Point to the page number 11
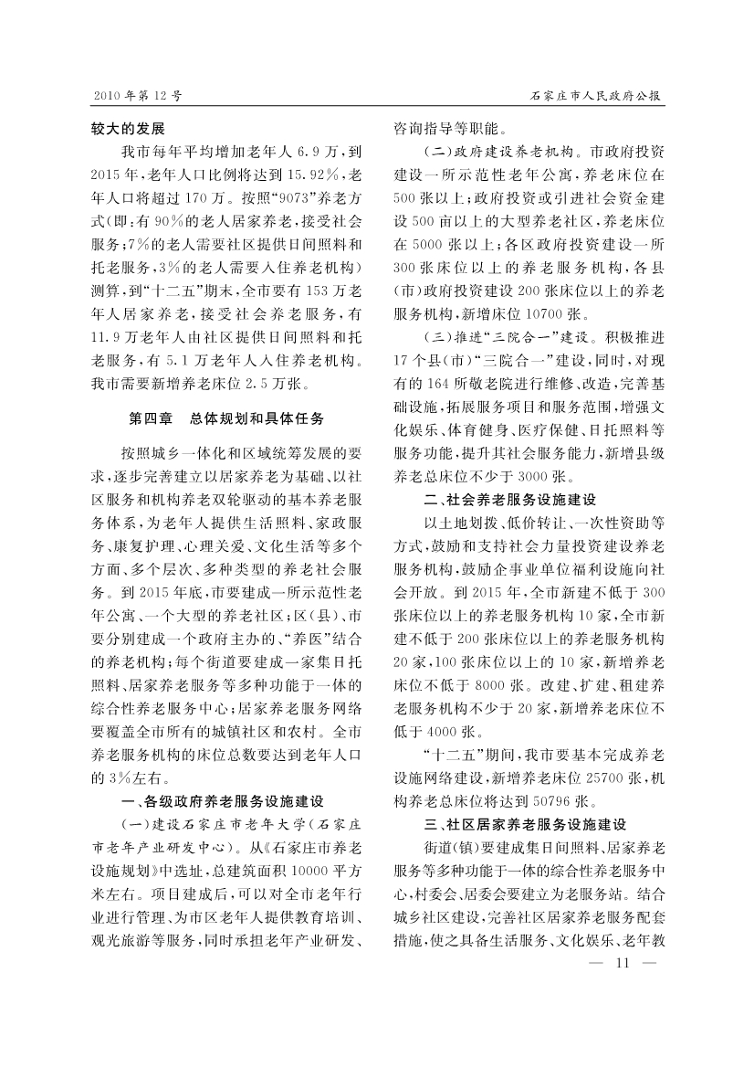point(623,962)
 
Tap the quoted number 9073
point(279,197)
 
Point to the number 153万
point(315,291)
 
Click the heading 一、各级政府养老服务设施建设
point(223,802)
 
